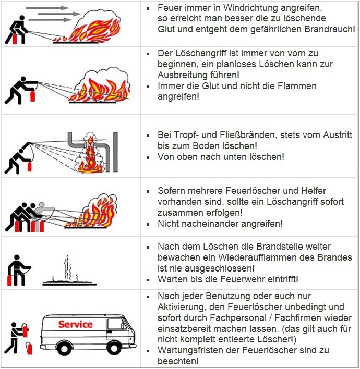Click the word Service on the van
(x=75, y=324)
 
